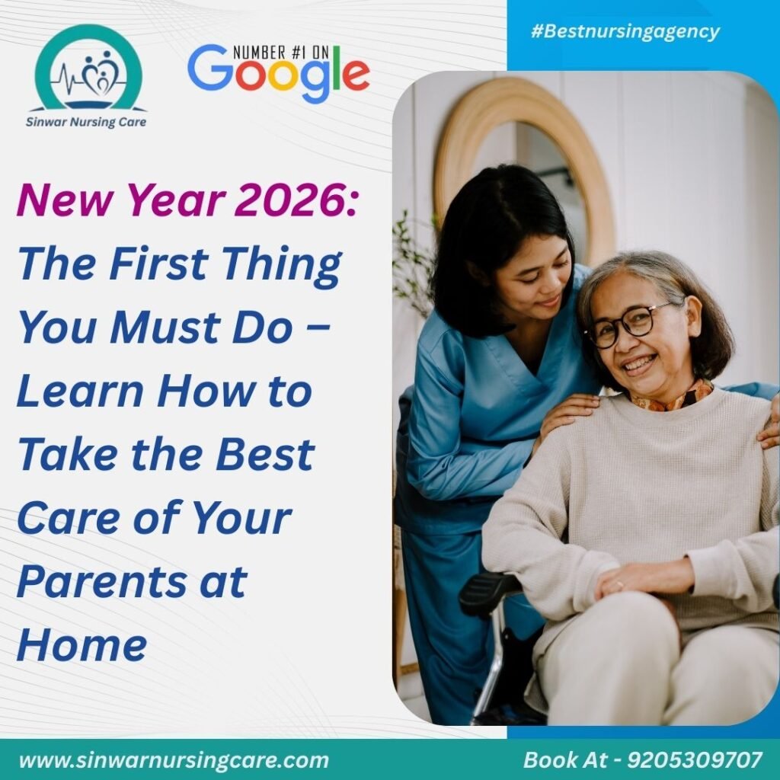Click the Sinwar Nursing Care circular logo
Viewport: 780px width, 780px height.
click(x=88, y=70)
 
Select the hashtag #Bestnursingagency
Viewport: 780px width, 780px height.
click(x=625, y=32)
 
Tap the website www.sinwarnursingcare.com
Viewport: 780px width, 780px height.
click(x=174, y=759)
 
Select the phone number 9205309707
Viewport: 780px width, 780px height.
click(x=694, y=759)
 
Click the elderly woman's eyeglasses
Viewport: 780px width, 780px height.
click(x=628, y=324)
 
